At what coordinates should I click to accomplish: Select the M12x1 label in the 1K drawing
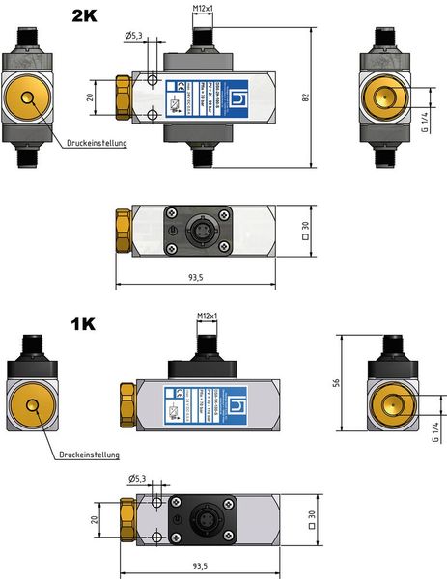pyautogui.click(x=206, y=316)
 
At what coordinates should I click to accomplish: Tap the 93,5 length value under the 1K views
pyautogui.click(x=199, y=565)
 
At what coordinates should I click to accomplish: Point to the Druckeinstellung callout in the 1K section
pyautogui.click(x=88, y=454)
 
